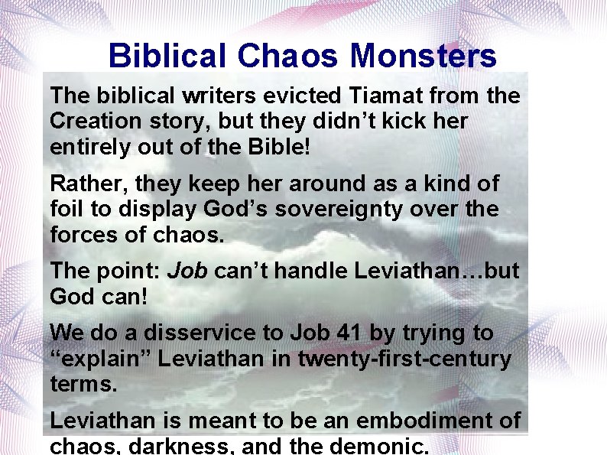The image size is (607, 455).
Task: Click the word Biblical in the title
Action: (167, 56)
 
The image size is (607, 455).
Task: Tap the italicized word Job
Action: (187, 271)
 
